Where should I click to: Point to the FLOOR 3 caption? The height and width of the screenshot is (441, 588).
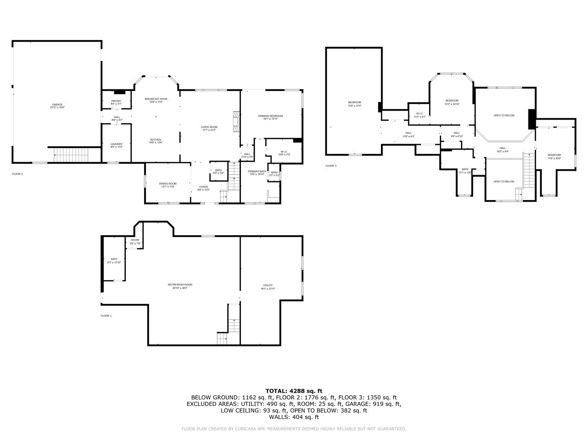tap(331, 166)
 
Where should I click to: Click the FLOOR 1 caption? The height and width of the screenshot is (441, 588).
tap(106, 316)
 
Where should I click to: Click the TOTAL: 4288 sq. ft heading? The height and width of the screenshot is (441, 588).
tap(294, 391)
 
